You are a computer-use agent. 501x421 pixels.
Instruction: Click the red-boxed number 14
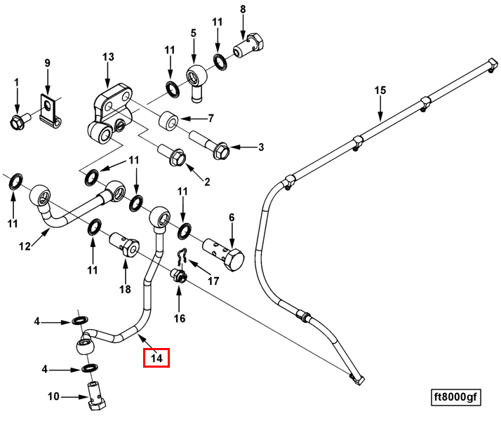click(x=156, y=358)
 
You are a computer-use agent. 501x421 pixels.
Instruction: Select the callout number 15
click(x=380, y=91)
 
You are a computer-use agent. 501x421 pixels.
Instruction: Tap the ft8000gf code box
click(x=455, y=397)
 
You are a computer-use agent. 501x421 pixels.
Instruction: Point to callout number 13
click(x=107, y=56)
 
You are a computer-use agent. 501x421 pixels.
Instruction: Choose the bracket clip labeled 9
click(x=48, y=110)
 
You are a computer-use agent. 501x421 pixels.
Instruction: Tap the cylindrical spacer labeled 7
click(x=169, y=122)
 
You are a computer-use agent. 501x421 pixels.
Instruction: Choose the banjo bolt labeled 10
click(x=95, y=394)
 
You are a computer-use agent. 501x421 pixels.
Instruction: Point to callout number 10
click(x=54, y=397)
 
